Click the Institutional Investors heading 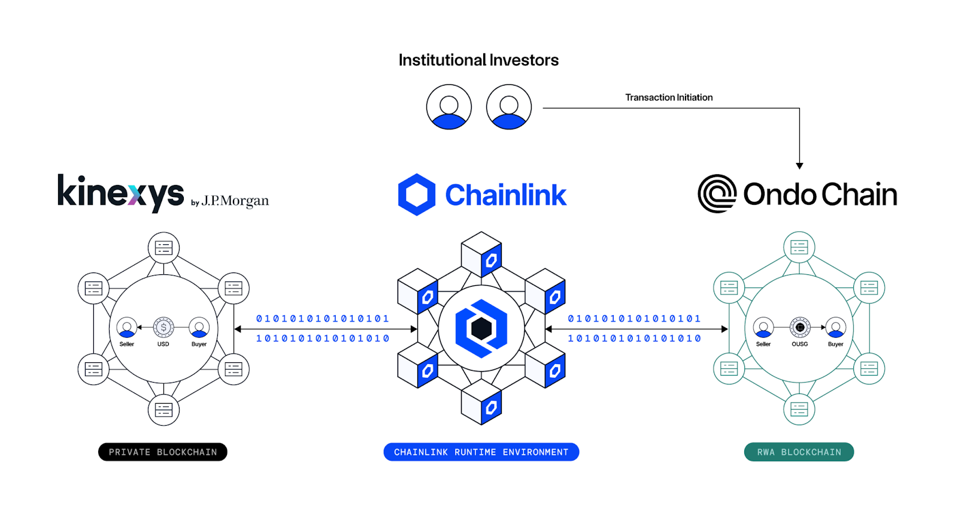478,60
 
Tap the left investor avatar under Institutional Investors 449,107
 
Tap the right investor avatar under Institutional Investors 509,107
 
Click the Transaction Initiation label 669,97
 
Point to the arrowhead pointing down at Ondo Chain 799,166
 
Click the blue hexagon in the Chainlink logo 417,195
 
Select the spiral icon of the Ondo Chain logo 717,193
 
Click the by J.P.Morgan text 230,201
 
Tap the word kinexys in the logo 120,193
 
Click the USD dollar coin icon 163,328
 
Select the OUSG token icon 800,328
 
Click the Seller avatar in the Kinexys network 126,328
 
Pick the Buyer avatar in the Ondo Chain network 836,328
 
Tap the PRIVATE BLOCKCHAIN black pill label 163,452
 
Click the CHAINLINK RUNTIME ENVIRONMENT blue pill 481,452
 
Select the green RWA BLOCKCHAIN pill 799,452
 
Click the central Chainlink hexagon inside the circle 481,329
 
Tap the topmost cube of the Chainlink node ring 481,254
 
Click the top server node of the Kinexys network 163,247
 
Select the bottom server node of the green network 799,410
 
